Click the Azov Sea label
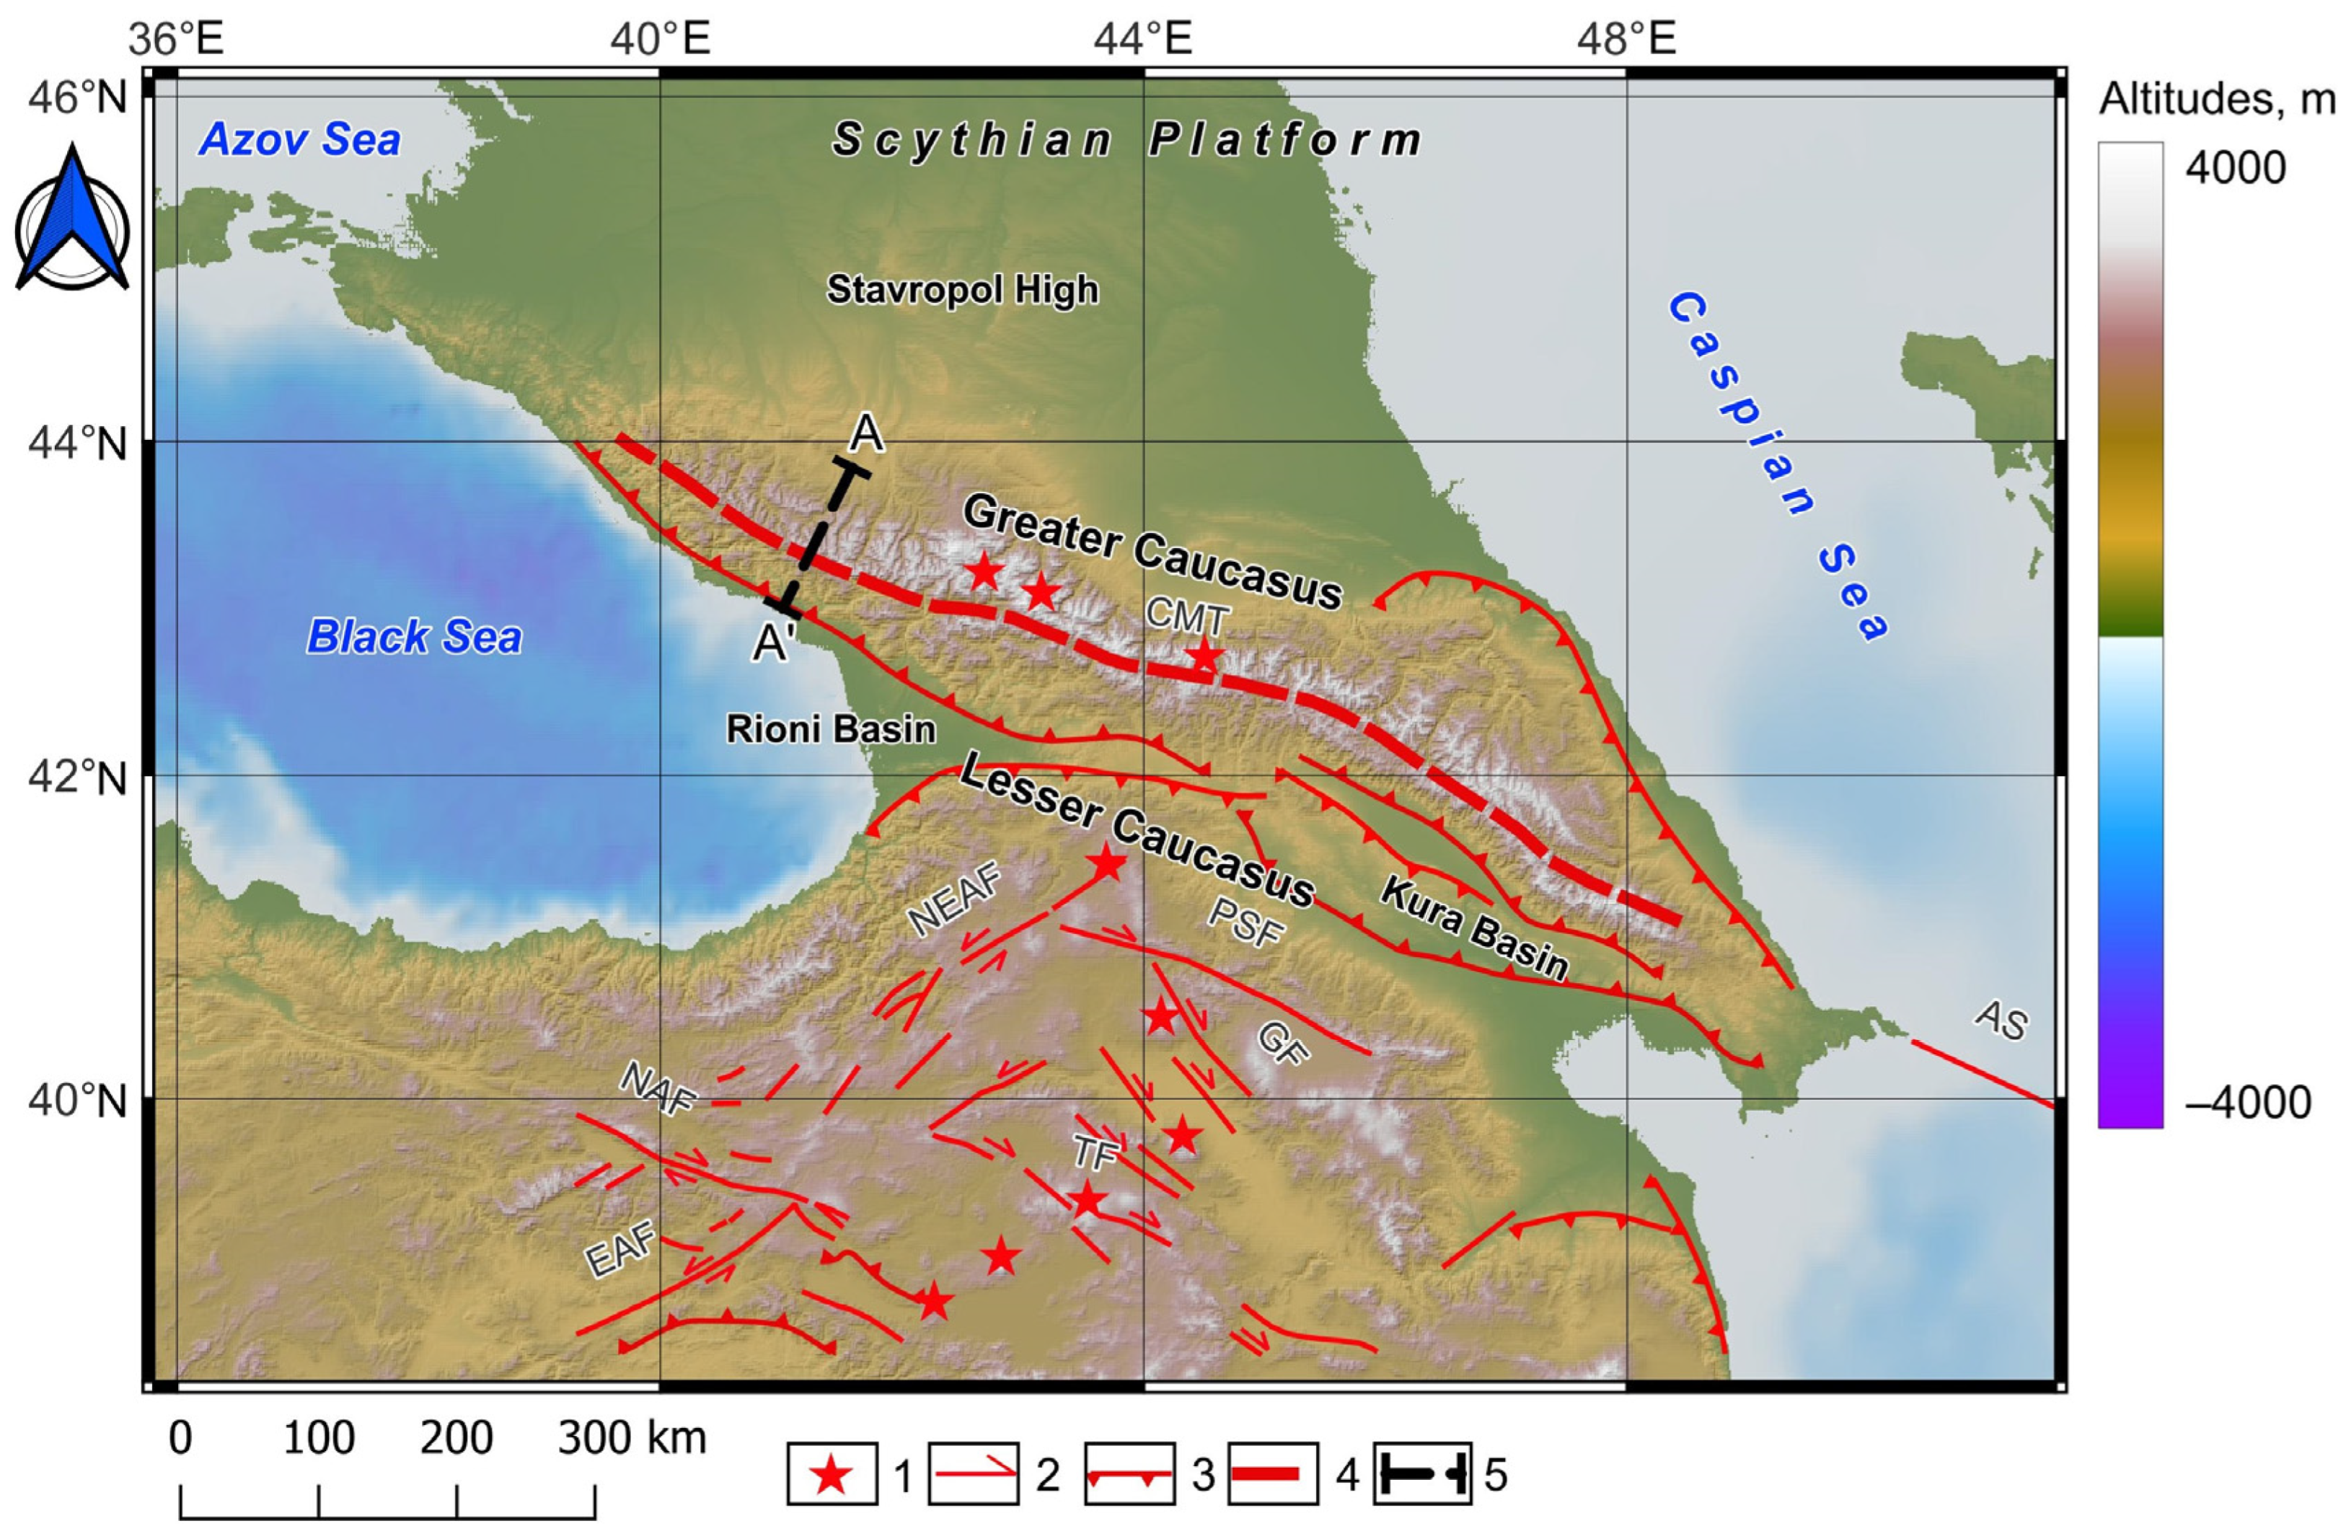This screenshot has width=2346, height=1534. coord(300,140)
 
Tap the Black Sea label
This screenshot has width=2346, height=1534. coord(414,637)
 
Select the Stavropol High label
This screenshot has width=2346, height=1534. coord(962,290)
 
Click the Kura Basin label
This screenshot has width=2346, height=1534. coord(1473,929)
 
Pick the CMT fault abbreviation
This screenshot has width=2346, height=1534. coord(1188,618)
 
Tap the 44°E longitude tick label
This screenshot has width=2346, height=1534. coord(1143,40)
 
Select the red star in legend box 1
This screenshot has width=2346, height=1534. coord(832,1476)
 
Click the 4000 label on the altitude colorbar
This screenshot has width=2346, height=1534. coord(2235,169)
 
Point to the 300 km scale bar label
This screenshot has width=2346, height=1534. coord(632,1438)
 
